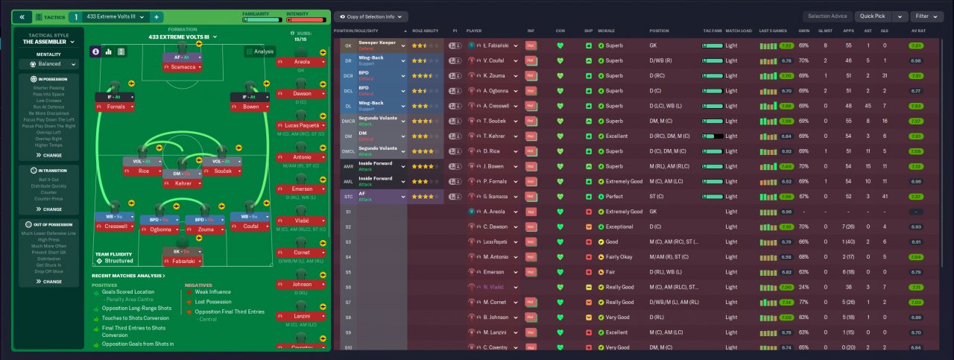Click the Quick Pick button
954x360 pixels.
874,16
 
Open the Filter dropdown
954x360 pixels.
926,16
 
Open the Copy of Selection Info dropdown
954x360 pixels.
370,16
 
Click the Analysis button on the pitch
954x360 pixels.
259,51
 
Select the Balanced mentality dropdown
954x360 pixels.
48,64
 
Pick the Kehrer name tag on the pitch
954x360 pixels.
183,183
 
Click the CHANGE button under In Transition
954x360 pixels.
49,209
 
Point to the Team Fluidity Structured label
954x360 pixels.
116,258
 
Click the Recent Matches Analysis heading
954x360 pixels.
128,276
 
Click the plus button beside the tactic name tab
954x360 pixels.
157,16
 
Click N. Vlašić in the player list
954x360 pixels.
496,287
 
